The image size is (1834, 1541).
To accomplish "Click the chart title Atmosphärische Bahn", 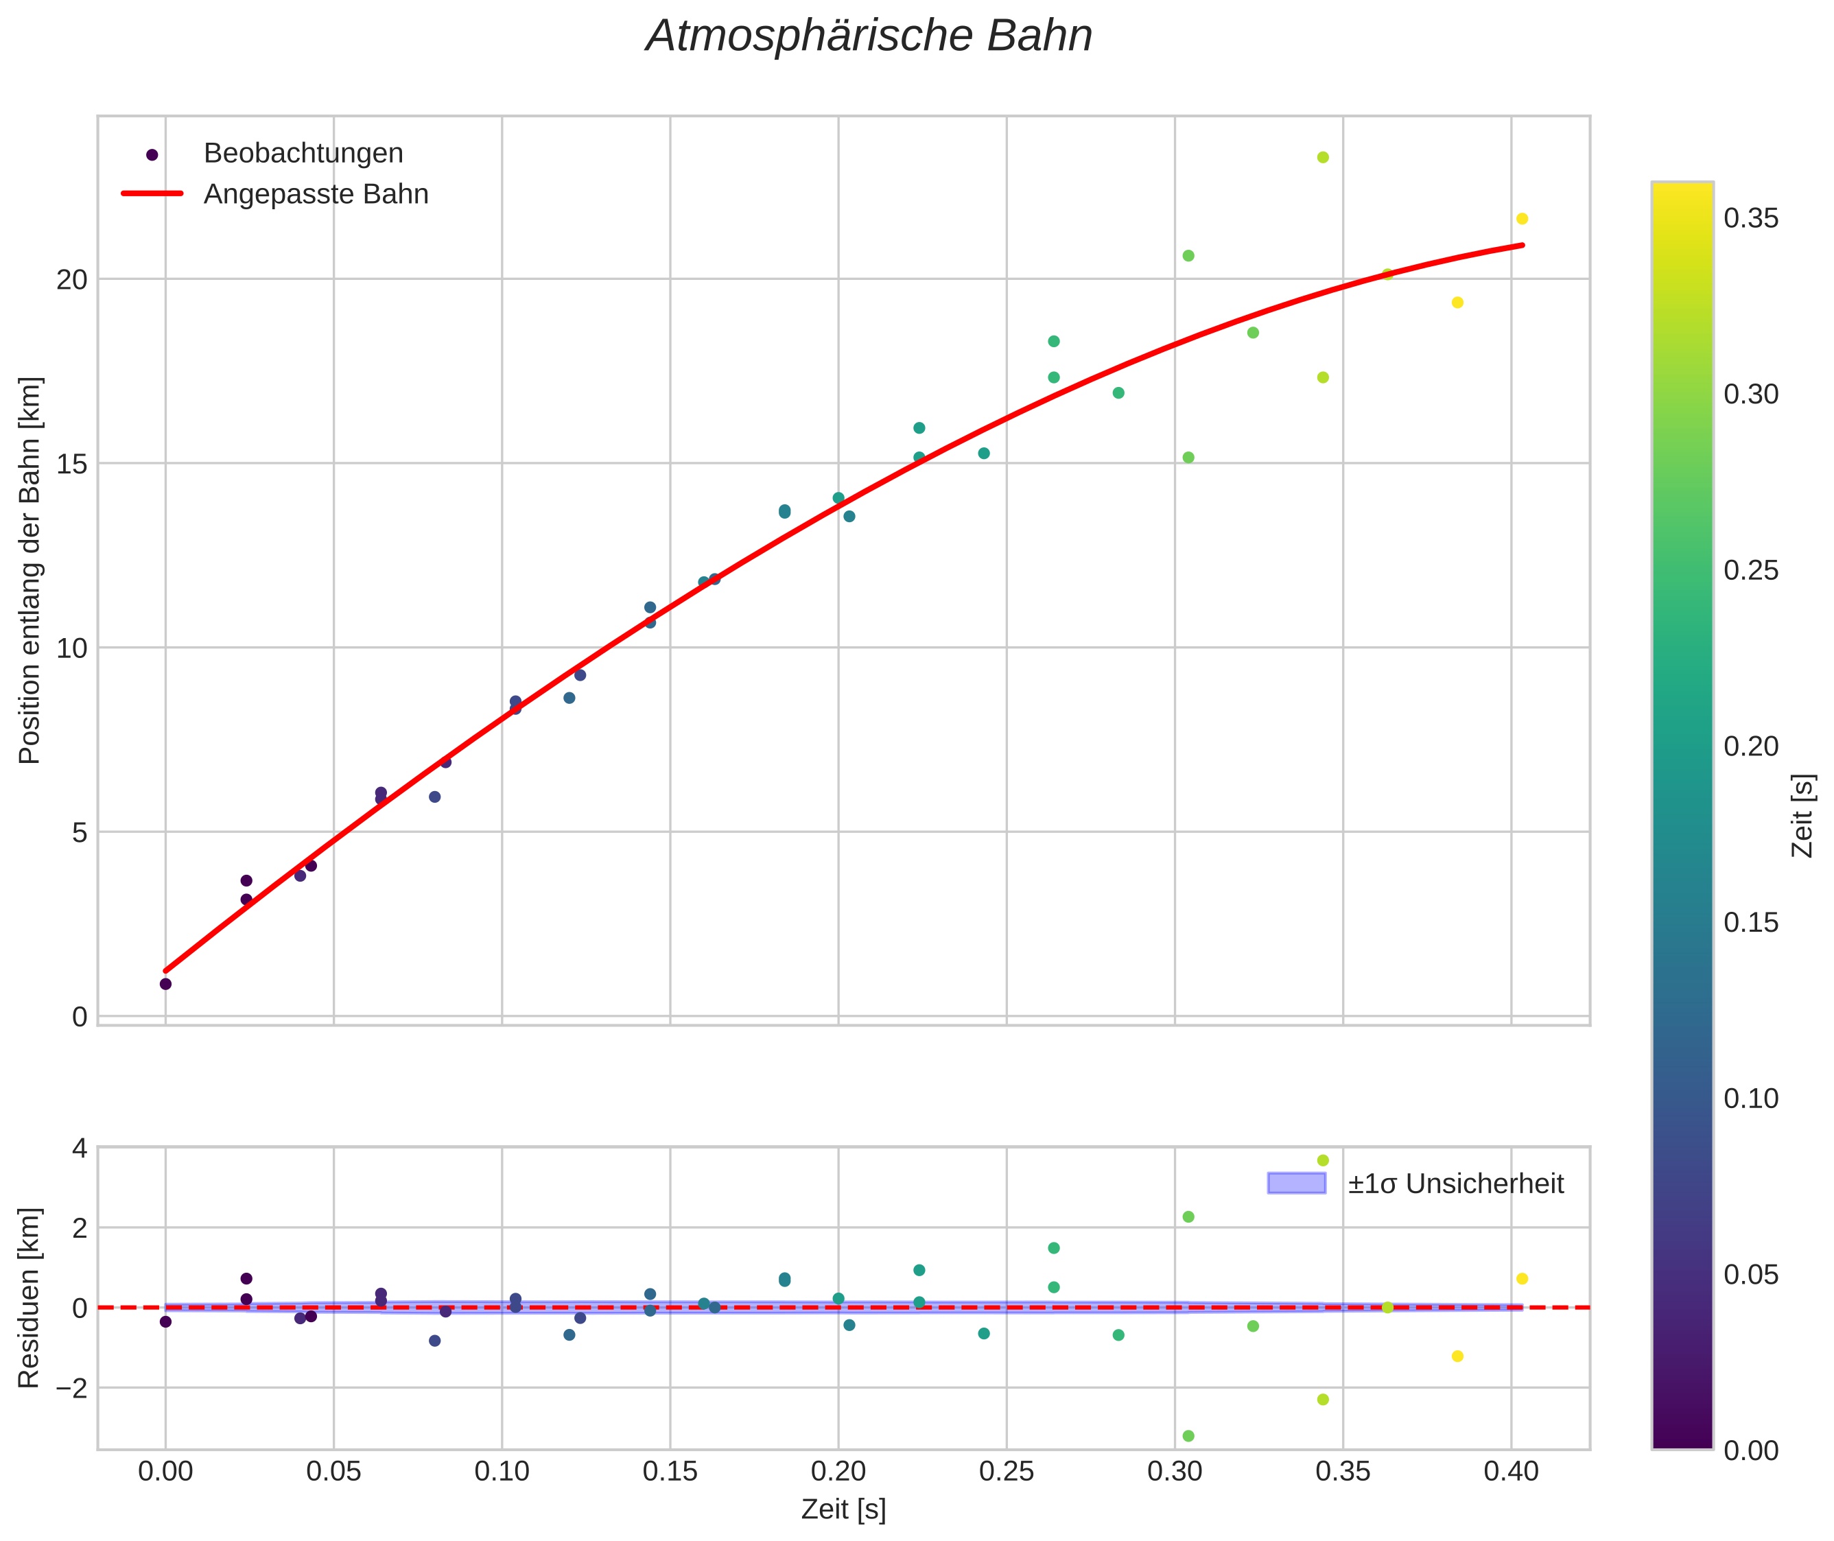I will tap(869, 36).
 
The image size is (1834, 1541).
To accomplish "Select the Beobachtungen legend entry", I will tap(303, 154).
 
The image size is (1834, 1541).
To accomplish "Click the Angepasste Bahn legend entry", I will tap(316, 194).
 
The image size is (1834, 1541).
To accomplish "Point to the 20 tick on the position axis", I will tap(73, 279).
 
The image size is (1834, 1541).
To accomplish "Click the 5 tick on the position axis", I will tap(80, 832).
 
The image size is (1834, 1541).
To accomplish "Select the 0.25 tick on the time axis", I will tap(1007, 1472).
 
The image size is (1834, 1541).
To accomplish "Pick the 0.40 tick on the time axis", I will tap(1511, 1472).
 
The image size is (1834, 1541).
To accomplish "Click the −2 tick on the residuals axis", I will tap(68, 1388).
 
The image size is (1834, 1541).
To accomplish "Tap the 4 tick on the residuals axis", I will tap(80, 1148).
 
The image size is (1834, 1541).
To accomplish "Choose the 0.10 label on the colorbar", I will tap(1751, 1099).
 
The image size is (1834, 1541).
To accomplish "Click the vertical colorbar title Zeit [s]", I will tap(1803, 816).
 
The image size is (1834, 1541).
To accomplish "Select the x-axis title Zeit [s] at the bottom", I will tap(843, 1509).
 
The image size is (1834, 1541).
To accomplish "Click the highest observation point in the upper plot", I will tap(1323, 157).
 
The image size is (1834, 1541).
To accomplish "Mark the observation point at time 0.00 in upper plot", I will tap(166, 984).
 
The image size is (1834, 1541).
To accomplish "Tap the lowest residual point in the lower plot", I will tap(1188, 1436).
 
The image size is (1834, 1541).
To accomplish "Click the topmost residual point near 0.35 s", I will tap(1323, 1160).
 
